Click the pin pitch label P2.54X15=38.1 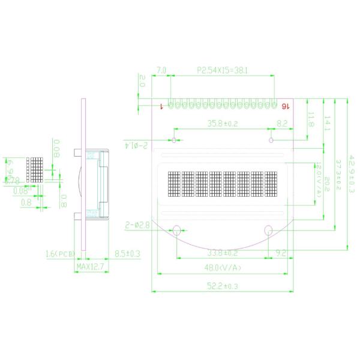(222, 70)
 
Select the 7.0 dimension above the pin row (161, 70)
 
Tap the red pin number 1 (163, 106)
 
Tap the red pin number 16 (285, 106)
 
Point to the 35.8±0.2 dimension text (223, 124)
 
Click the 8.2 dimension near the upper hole (281, 124)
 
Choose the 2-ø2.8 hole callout (137, 225)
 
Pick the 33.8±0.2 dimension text (222, 253)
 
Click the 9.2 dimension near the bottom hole (280, 253)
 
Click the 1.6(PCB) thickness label (59, 254)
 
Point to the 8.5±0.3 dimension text (127, 254)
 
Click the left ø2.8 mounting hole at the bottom (178, 229)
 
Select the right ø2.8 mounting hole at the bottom (269, 229)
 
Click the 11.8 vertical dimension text (311, 119)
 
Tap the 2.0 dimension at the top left (142, 81)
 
